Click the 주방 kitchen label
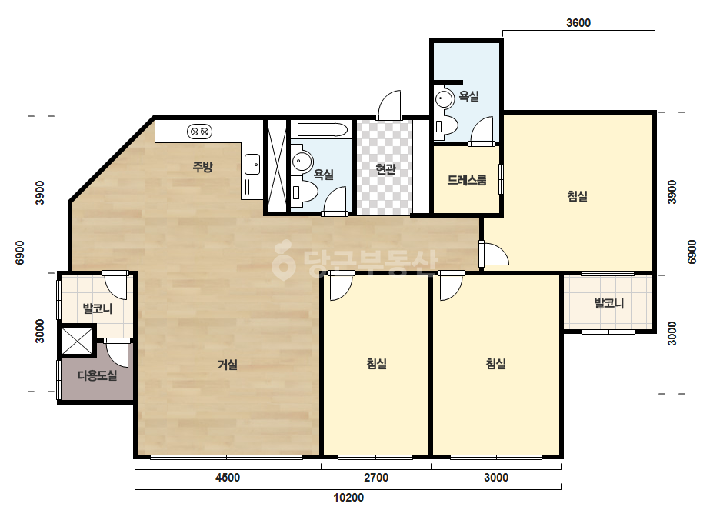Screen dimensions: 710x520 (x=202, y=167)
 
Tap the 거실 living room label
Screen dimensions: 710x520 (x=228, y=364)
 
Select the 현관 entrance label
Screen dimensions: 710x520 (x=386, y=169)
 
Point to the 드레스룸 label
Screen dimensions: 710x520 (x=467, y=180)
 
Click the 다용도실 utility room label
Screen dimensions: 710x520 (x=98, y=375)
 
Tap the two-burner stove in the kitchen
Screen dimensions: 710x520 (x=200, y=132)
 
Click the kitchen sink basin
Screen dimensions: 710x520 (x=252, y=164)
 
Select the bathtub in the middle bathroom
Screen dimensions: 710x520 (x=322, y=130)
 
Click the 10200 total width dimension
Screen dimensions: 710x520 (x=348, y=498)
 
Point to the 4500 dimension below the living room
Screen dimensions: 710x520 (x=228, y=478)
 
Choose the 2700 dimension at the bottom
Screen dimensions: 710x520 (x=376, y=478)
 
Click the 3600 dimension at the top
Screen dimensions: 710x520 (x=578, y=22)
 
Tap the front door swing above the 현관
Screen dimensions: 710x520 (x=389, y=104)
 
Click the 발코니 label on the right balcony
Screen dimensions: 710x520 (x=609, y=303)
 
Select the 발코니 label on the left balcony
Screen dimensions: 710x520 (x=98, y=309)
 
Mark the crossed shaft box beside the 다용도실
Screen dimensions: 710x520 (x=77, y=340)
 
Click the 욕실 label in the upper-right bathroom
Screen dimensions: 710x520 (x=469, y=96)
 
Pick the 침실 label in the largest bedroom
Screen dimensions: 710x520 (x=578, y=196)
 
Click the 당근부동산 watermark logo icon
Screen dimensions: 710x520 (x=283, y=260)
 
